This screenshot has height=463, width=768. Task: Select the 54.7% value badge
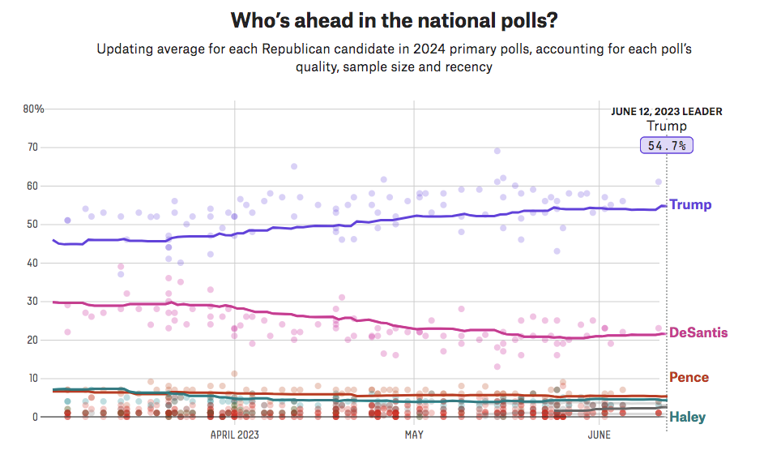pyautogui.click(x=667, y=145)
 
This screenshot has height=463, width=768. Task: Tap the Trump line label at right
pyautogui.click(x=690, y=204)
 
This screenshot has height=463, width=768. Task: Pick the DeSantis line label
pyautogui.click(x=698, y=332)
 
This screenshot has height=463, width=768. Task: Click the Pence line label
pyautogui.click(x=689, y=377)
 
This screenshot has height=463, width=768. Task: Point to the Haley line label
pyautogui.click(x=687, y=418)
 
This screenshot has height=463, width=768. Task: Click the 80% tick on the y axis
pyautogui.click(x=33, y=109)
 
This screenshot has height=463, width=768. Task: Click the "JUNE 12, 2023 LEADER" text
pyautogui.click(x=666, y=112)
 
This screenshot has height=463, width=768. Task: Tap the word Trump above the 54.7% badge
pyautogui.click(x=667, y=126)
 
